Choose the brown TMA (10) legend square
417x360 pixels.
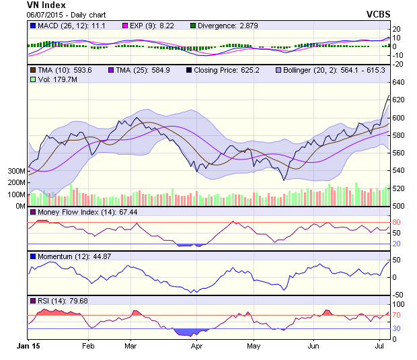(32, 70)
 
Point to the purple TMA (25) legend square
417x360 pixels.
(110, 70)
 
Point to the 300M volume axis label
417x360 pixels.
(16, 171)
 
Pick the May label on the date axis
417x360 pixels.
(254, 346)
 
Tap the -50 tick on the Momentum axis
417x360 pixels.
(399, 295)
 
